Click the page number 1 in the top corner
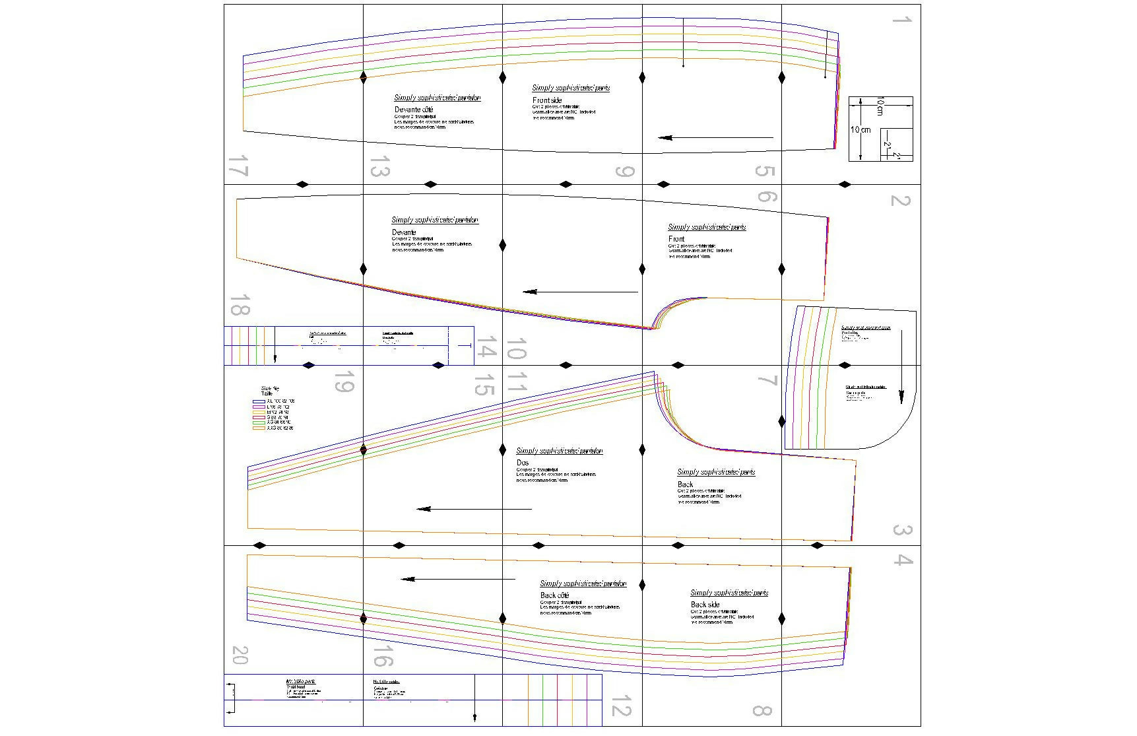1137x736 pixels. (x=901, y=20)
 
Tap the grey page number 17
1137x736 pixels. (x=237, y=166)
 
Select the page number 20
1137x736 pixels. (x=240, y=655)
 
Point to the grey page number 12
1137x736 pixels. (x=622, y=707)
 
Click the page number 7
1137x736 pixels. (x=767, y=381)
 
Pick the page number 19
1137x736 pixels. (x=343, y=382)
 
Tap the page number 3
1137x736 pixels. (x=902, y=530)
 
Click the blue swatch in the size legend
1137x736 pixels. (x=259, y=401)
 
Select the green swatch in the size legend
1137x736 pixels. (x=259, y=422)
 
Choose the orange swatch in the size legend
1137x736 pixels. (x=259, y=428)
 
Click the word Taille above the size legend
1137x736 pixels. (x=267, y=393)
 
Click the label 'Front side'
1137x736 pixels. (x=547, y=100)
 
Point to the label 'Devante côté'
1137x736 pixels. (x=414, y=110)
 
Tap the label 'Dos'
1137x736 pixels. (x=523, y=463)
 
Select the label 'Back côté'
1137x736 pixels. (x=554, y=595)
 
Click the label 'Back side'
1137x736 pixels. (x=705, y=605)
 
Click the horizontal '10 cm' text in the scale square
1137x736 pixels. (x=860, y=130)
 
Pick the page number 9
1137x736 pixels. (x=624, y=172)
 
